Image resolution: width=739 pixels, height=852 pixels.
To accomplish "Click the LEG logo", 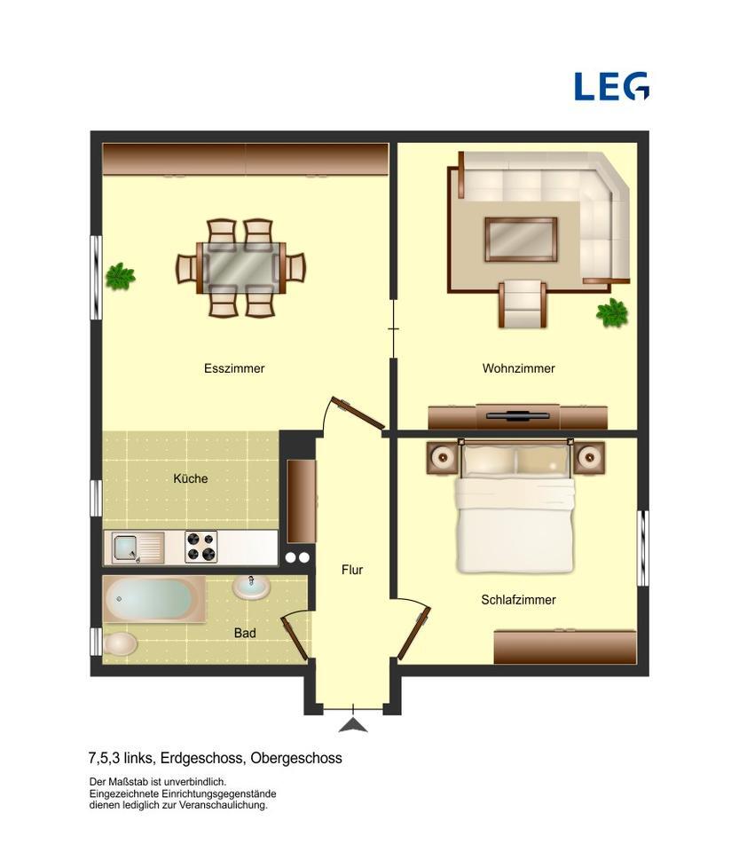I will [611, 86].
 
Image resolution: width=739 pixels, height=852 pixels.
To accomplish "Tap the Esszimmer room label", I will [234, 368].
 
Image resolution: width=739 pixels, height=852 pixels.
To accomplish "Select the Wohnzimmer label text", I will [518, 368].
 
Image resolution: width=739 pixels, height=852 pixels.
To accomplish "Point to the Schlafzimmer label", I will [518, 600].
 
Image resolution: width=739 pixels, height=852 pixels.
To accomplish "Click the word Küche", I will [191, 478].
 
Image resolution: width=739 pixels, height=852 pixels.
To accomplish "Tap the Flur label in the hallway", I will [352, 570].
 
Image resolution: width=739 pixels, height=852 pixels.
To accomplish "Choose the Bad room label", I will [245, 633].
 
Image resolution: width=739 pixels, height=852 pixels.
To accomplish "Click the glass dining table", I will [241, 267].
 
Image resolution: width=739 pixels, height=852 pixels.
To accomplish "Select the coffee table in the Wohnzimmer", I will [521, 239].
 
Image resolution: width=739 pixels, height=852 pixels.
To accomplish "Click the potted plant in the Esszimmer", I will [120, 277].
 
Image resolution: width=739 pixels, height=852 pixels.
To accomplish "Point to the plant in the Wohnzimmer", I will [612, 312].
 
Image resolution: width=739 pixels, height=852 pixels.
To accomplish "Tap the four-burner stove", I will [201, 547].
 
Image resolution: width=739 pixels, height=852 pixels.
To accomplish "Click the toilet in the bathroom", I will [120, 643].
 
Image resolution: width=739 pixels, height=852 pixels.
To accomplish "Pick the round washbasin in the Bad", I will [253, 586].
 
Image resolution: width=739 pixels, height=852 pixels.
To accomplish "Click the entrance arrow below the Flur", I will [353, 724].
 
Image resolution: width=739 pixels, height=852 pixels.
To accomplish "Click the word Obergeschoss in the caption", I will [296, 758].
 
